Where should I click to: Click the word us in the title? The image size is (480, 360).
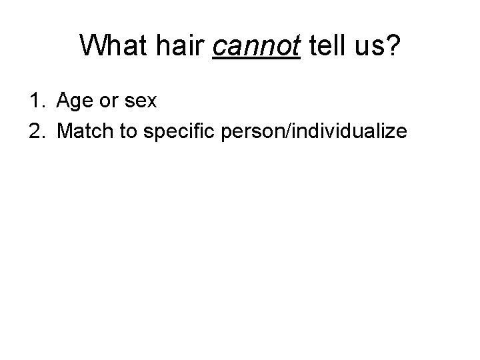(365, 46)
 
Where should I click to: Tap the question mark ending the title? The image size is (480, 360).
(393, 46)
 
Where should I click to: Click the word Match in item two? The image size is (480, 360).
(83, 132)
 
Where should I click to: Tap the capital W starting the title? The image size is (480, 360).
(93, 46)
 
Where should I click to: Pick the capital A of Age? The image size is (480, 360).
(64, 101)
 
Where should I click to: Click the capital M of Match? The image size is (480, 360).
(66, 132)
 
